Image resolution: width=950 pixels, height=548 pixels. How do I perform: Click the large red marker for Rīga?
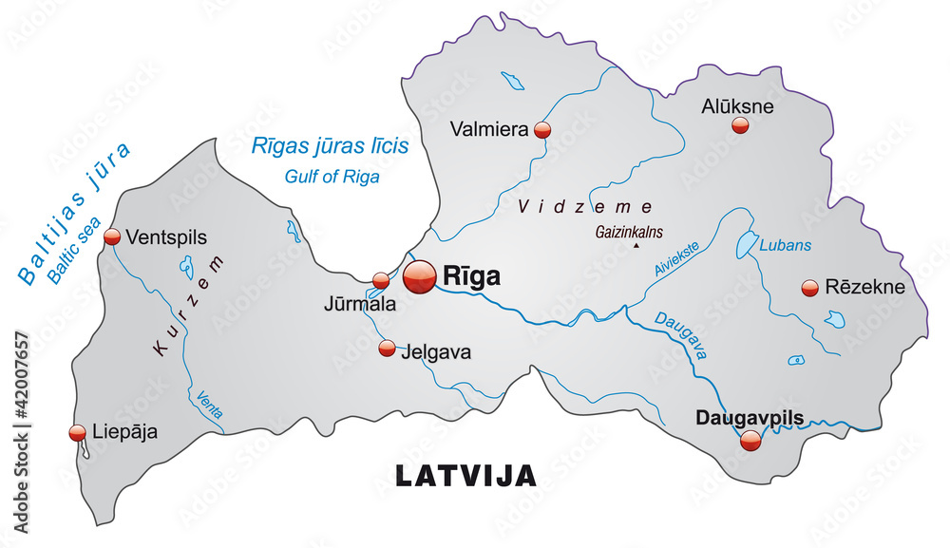coord(419,276)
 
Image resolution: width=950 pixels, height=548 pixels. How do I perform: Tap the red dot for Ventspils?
coord(112,236)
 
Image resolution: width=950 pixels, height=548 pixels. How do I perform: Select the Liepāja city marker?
coord(78,433)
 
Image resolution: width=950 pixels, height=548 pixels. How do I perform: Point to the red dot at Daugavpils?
coord(750,440)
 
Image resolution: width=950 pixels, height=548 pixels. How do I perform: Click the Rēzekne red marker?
coord(810,287)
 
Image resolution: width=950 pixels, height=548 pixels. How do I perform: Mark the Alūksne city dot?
coord(740,125)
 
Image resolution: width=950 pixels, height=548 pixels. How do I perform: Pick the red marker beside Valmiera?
coord(542,130)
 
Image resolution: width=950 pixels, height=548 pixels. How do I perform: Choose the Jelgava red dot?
coord(387,349)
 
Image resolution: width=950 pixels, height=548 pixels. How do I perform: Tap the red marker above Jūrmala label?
coord(381,280)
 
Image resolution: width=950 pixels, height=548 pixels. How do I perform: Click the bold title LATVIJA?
coord(465,476)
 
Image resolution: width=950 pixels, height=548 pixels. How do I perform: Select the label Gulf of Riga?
coord(332,177)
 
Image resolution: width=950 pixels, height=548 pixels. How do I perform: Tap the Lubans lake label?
coord(786,245)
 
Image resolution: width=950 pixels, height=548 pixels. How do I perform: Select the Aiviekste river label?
coord(676,259)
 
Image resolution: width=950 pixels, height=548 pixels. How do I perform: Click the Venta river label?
coord(206,406)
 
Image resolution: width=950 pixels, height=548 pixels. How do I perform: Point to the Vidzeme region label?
coord(585,206)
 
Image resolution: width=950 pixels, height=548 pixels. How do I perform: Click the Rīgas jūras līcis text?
coord(330,146)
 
